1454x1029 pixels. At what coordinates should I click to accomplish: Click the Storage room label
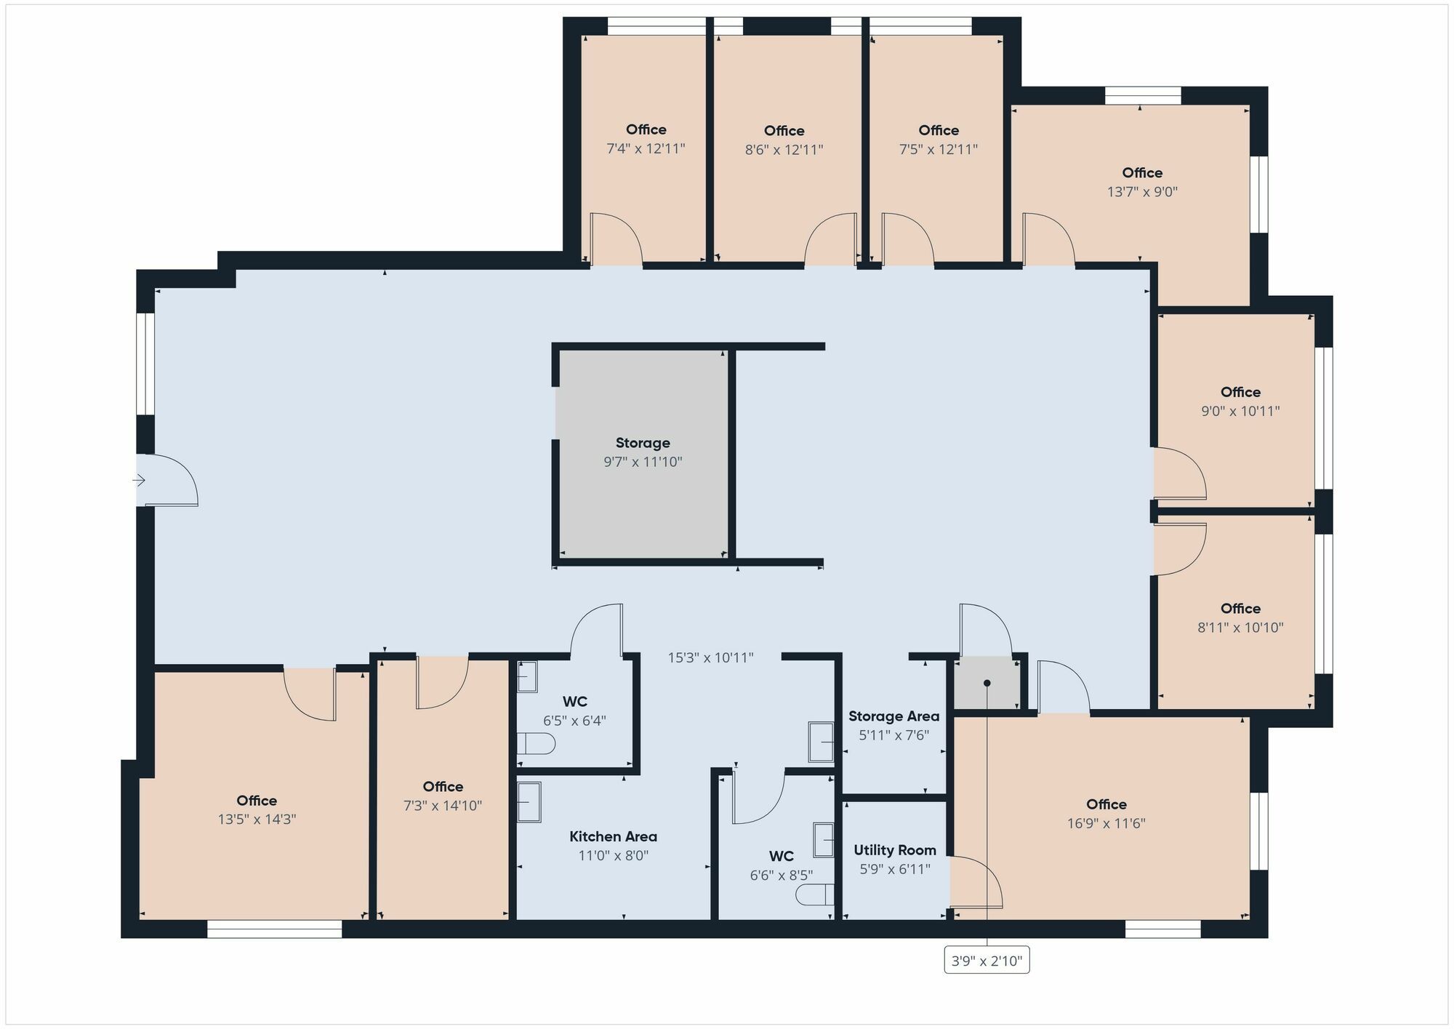[x=643, y=443]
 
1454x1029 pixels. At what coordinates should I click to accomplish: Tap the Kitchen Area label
[x=614, y=836]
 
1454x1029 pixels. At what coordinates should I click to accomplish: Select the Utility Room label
[x=895, y=850]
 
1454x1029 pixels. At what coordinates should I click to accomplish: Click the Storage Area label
[x=893, y=716]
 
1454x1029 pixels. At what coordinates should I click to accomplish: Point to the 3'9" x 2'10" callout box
[x=987, y=961]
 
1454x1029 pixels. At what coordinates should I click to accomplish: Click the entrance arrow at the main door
[x=139, y=480]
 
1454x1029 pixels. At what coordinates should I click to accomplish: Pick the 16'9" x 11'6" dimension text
[x=1106, y=823]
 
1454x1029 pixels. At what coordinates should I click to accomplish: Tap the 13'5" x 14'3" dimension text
[x=257, y=820]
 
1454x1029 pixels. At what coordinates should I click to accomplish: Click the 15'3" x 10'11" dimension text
[x=710, y=658]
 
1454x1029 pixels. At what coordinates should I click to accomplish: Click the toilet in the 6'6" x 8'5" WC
[x=815, y=894]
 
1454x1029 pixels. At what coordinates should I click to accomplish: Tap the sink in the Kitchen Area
[x=529, y=802]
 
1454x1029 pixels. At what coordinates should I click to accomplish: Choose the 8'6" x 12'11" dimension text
[x=784, y=150]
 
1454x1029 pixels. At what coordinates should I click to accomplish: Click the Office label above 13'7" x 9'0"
[x=1142, y=172]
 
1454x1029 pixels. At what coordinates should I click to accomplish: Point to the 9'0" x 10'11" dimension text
[x=1240, y=411]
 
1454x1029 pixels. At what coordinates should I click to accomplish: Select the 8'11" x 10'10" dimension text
[x=1240, y=628]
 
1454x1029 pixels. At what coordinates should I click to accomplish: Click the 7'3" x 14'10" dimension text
[x=443, y=806]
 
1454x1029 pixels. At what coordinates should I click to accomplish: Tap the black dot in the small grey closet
[x=987, y=683]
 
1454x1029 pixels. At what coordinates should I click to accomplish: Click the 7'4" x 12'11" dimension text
[x=646, y=149]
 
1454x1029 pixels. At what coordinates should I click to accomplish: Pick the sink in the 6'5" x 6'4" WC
[x=527, y=676]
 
